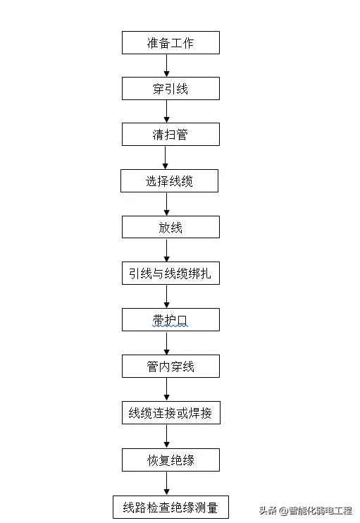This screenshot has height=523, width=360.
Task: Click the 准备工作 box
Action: (x=170, y=43)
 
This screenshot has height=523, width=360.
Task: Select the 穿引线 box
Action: (x=170, y=89)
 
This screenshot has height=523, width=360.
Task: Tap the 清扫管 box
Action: (x=170, y=135)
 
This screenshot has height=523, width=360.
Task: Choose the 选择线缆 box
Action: (x=169, y=181)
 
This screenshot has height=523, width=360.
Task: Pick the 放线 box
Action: (x=170, y=227)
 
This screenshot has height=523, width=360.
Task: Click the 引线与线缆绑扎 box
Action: (x=170, y=273)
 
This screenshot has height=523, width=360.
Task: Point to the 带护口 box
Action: (x=170, y=320)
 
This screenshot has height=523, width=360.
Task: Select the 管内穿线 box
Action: (x=170, y=367)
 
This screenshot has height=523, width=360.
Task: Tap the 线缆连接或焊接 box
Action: (x=170, y=413)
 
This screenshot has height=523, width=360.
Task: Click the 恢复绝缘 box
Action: (x=170, y=460)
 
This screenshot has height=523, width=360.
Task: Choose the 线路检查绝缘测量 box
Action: (x=170, y=506)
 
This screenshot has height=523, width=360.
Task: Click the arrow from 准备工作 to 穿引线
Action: (x=167, y=66)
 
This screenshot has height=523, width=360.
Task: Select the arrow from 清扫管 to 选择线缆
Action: (x=167, y=158)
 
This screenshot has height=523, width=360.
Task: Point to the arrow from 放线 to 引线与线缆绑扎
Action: (x=167, y=250)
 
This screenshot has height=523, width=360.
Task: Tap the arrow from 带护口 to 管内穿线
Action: (x=167, y=343)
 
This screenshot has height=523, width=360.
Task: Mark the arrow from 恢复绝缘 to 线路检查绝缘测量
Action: (x=167, y=483)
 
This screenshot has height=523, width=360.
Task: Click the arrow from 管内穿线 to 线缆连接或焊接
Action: (x=167, y=390)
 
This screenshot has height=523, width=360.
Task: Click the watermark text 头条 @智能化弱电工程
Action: (x=305, y=510)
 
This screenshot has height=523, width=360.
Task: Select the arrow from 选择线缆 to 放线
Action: (x=167, y=204)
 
